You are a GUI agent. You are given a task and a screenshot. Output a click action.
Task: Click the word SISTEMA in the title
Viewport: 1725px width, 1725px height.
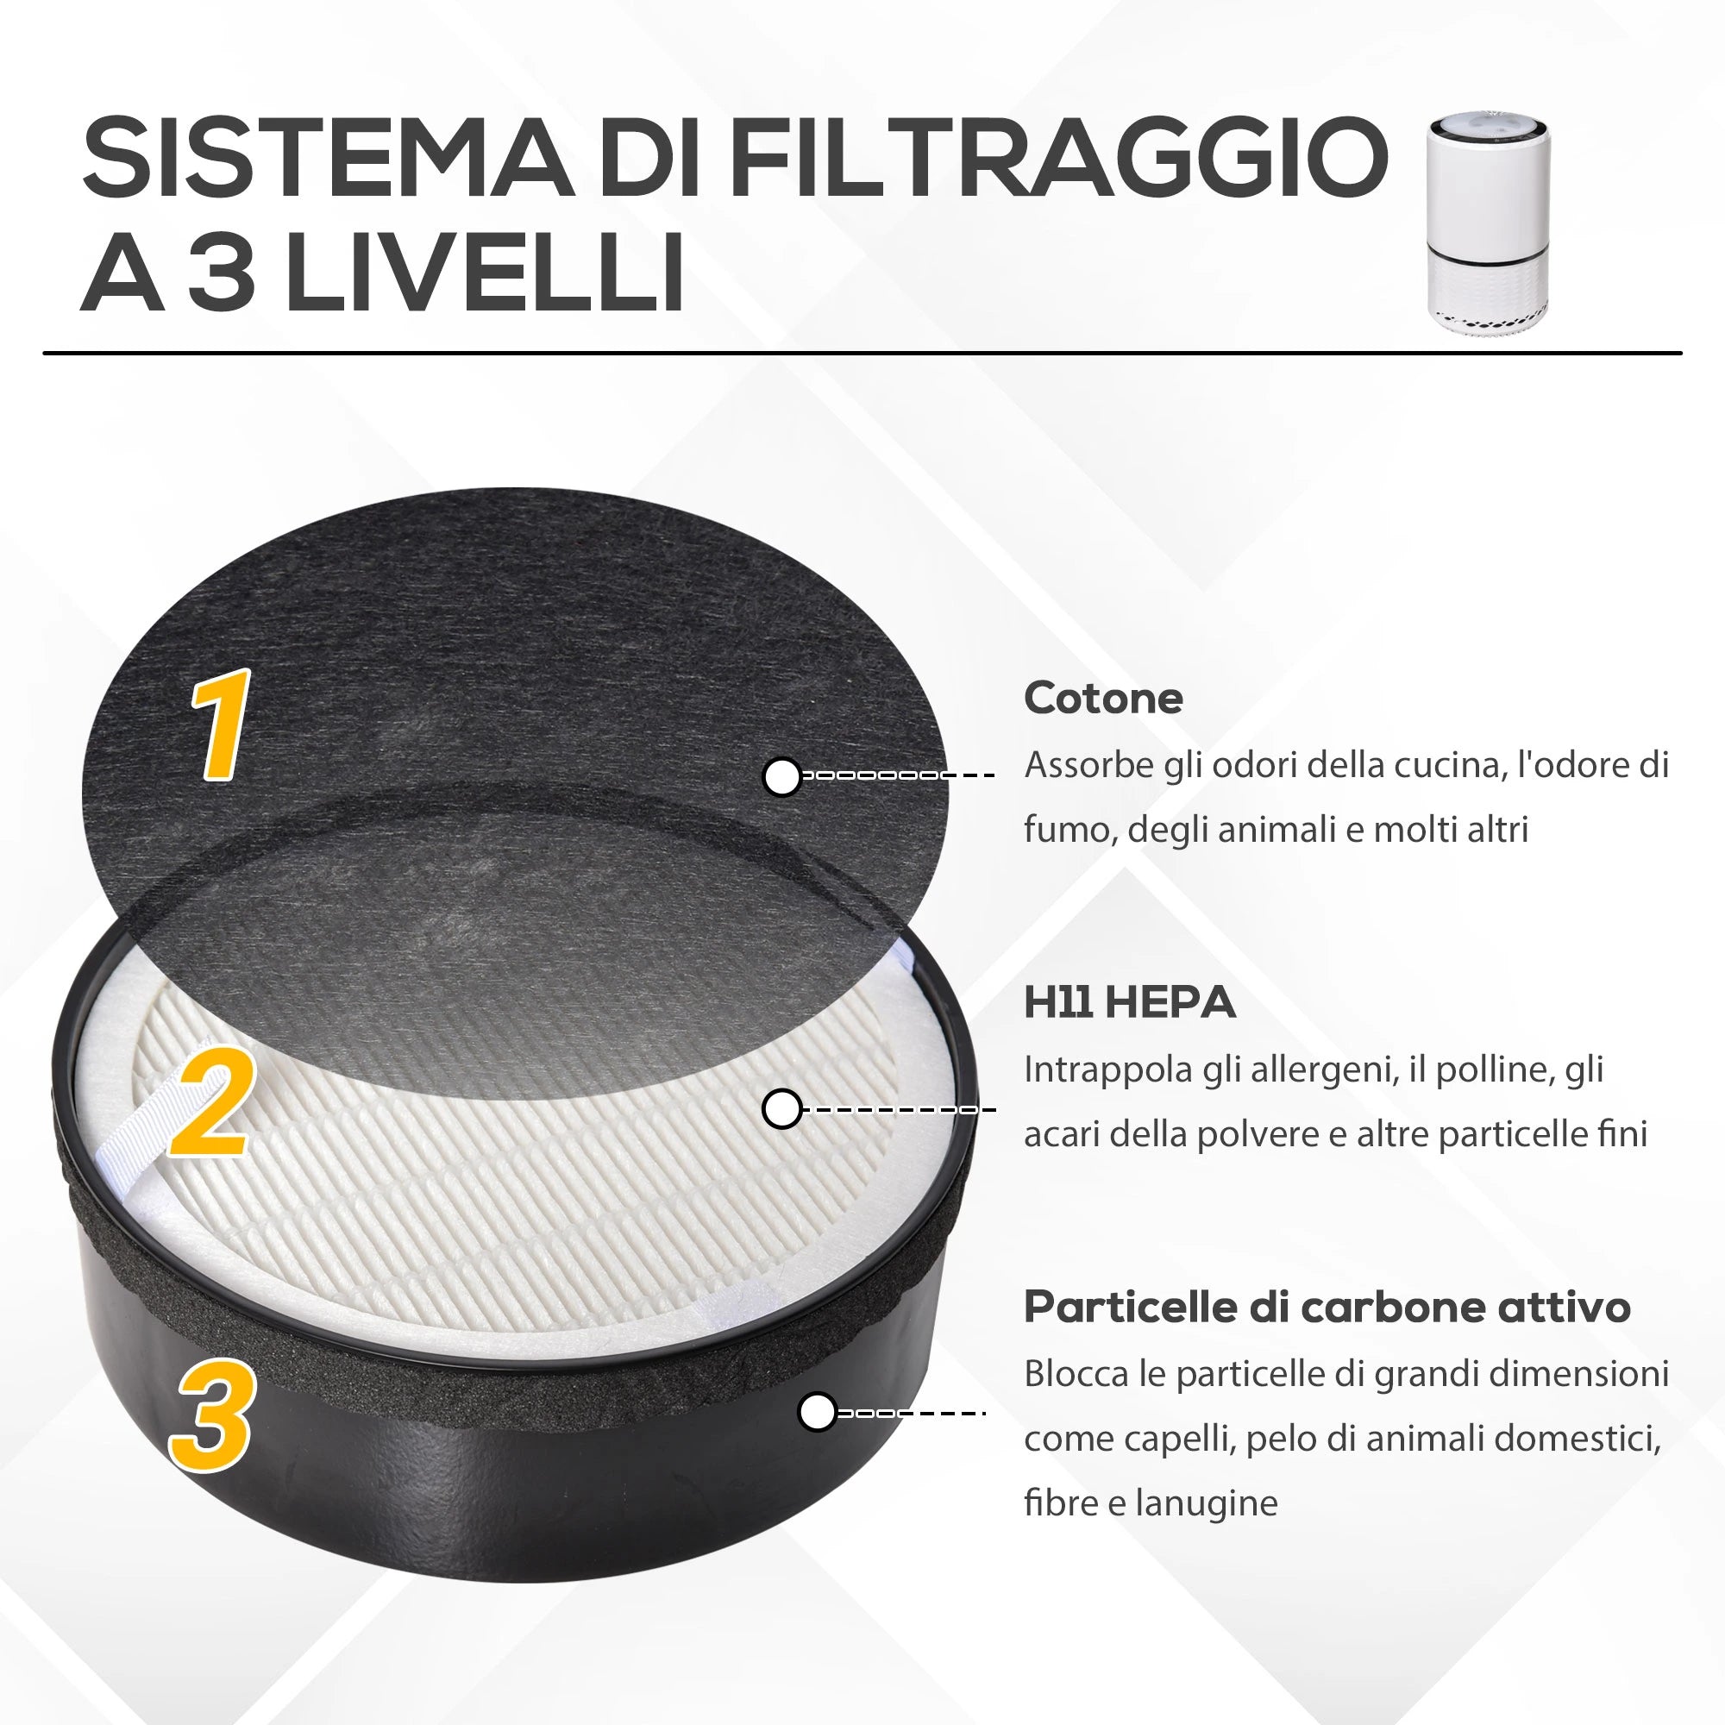click(x=327, y=158)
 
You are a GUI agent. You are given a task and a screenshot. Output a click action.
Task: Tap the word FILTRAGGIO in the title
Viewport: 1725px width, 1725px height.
click(x=1058, y=158)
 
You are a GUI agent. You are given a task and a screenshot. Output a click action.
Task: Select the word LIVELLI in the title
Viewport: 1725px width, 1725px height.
click(x=486, y=271)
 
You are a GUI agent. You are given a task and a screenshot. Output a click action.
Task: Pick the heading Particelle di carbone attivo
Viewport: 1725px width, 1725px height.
click(x=1327, y=1308)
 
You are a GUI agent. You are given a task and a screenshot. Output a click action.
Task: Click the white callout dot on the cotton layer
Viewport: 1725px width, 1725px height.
click(x=783, y=777)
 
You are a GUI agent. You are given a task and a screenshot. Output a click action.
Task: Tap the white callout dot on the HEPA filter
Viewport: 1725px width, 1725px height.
click(x=782, y=1110)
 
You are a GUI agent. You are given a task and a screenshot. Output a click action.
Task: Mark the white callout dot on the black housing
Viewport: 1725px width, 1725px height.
click(x=816, y=1413)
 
